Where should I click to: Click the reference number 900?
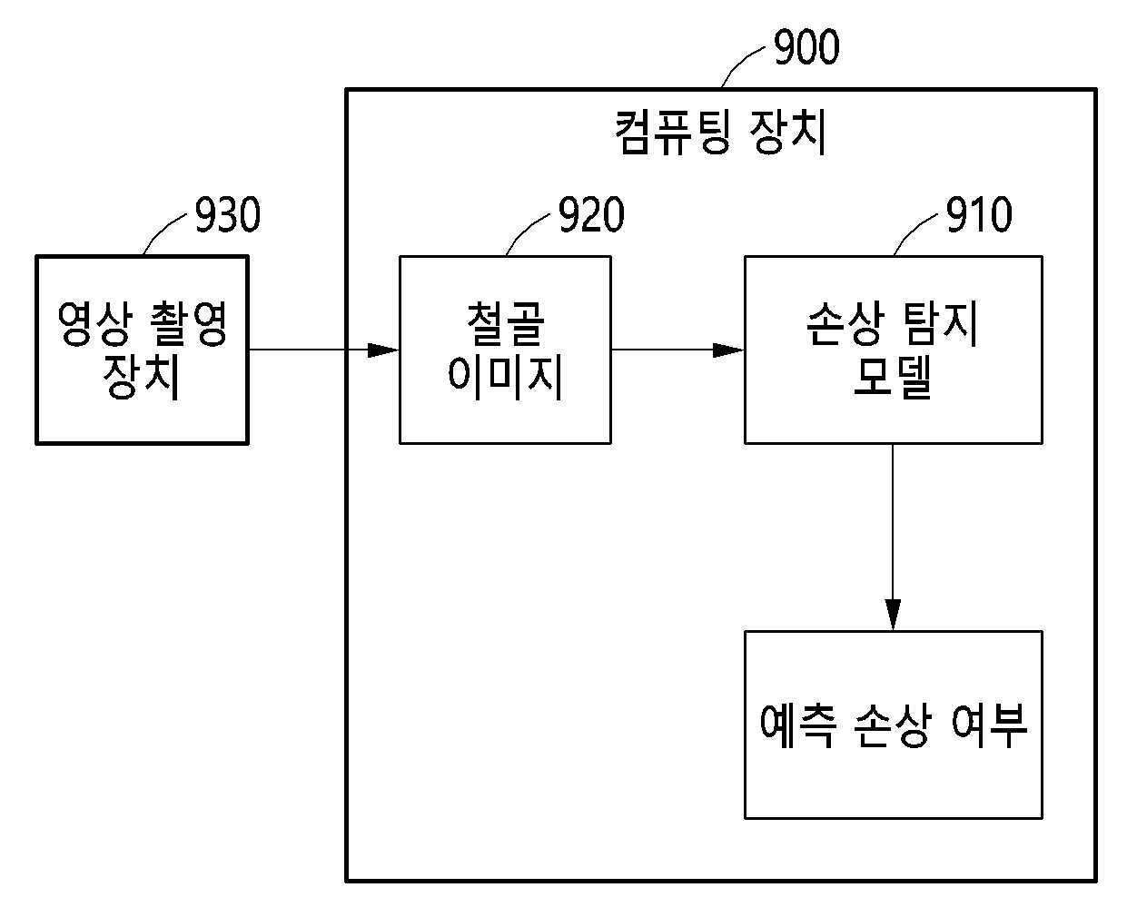pyautogui.click(x=806, y=47)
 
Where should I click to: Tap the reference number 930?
pyautogui.click(x=228, y=215)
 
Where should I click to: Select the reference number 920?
pyautogui.click(x=592, y=215)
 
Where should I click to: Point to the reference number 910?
pyautogui.click(x=979, y=215)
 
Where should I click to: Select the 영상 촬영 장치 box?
pyautogui.click(x=142, y=350)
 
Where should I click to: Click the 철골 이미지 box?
pyautogui.click(x=505, y=350)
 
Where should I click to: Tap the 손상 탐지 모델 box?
pyautogui.click(x=894, y=350)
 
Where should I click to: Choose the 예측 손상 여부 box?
pyautogui.click(x=894, y=725)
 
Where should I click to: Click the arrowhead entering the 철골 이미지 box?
pyautogui.click(x=383, y=350)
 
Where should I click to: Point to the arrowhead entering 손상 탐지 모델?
pyautogui.click(x=728, y=350)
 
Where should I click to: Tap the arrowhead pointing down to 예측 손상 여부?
pyautogui.click(x=893, y=615)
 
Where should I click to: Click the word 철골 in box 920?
pyautogui.click(x=506, y=323)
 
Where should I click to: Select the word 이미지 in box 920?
pyautogui.click(x=505, y=377)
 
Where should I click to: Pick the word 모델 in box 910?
pyautogui.click(x=893, y=377)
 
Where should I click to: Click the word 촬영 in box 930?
pyautogui.click(x=189, y=323)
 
